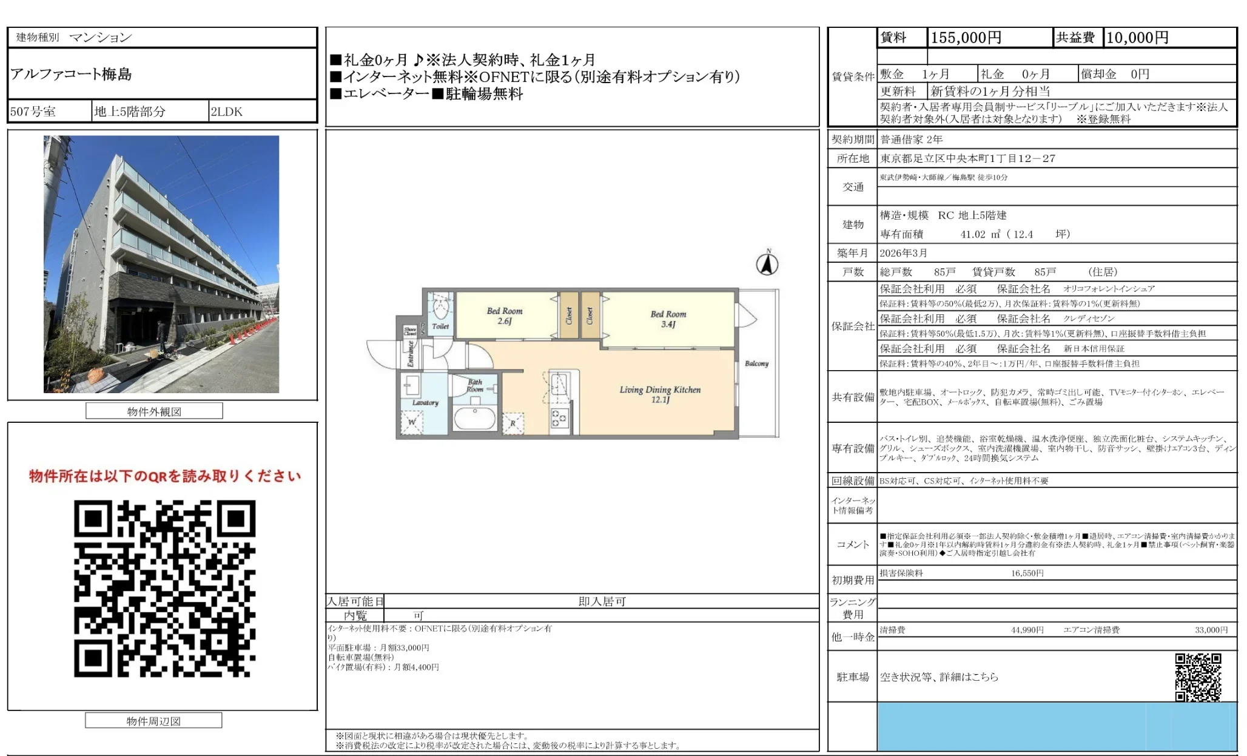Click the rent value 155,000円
[966, 38]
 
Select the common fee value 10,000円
[1137, 38]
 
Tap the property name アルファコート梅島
[71, 74]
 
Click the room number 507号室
[33, 112]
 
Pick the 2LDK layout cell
[226, 112]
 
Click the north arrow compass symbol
[767, 264]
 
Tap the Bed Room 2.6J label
[504, 316]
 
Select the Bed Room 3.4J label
[668, 319]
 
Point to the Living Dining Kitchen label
[660, 394]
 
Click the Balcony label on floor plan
[756, 363]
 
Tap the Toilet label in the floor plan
[440, 326]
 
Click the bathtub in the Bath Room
[475, 419]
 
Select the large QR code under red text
[164, 589]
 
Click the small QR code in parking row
[1198, 677]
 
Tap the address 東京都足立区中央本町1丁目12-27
[967, 158]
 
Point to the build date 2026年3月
[903, 253]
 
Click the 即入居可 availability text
[602, 601]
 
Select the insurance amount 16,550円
[1027, 573]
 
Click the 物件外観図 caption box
[154, 411]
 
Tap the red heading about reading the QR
[164, 476]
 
